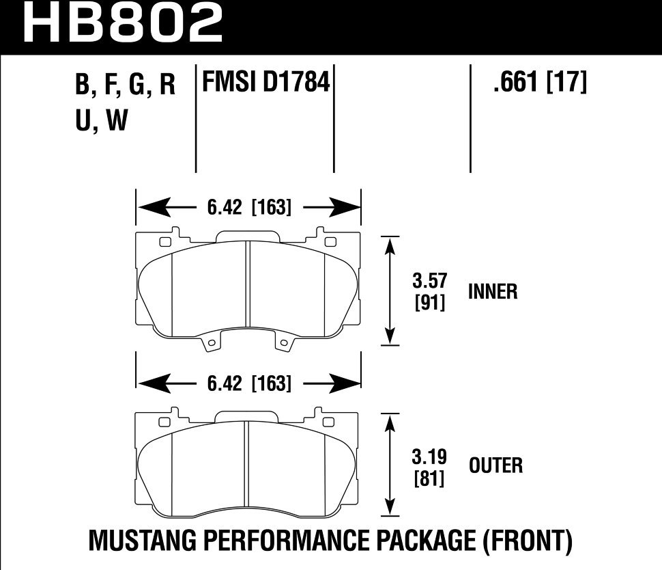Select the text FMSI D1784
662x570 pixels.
(265, 83)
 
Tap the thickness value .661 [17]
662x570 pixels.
(539, 83)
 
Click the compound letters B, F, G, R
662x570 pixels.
(126, 85)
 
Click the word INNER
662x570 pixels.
(493, 292)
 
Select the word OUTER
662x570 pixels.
(495, 466)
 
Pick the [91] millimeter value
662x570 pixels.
(430, 302)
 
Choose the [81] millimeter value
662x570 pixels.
(430, 478)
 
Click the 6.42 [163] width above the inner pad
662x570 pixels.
(248, 207)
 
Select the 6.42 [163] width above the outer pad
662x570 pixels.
(248, 384)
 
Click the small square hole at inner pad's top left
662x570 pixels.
(164, 241)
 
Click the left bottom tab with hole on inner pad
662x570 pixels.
(212, 343)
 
